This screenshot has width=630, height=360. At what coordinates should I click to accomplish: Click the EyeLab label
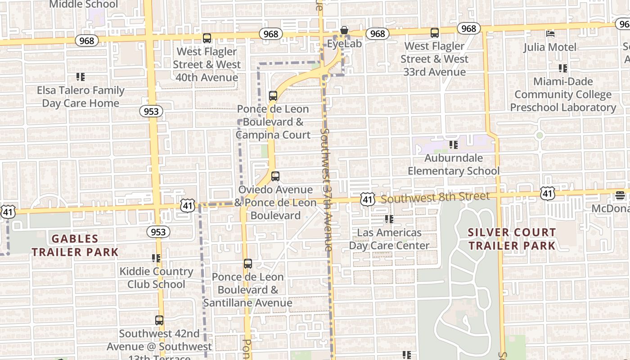(344, 44)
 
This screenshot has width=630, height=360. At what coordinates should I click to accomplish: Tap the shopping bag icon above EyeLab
(344, 30)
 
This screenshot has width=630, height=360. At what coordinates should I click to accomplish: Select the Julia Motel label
(549, 47)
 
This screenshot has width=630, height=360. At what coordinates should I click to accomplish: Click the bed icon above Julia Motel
(550, 33)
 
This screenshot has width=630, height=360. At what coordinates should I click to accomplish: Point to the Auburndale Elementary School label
(454, 164)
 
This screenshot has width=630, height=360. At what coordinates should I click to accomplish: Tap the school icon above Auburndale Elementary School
(454, 145)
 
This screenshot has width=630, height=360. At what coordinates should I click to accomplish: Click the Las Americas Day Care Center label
(389, 239)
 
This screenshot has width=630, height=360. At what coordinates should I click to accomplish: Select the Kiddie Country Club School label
(156, 278)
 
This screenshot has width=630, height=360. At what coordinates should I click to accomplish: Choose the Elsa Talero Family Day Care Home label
(81, 96)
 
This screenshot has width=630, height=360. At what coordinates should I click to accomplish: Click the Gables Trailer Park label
(75, 245)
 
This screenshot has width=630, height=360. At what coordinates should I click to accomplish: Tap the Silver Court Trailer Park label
(512, 239)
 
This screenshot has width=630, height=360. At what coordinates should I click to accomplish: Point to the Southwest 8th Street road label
(435, 197)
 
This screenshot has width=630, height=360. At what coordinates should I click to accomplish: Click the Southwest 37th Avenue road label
(327, 189)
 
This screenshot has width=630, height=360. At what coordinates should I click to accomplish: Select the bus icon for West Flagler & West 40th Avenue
(207, 38)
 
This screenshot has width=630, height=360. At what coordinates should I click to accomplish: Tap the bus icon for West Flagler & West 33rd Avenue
(434, 33)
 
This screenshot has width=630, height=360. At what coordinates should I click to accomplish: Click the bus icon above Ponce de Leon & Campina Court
(273, 95)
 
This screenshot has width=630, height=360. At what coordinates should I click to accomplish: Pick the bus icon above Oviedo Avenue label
(275, 176)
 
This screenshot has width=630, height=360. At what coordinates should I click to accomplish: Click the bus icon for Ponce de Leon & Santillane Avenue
(247, 264)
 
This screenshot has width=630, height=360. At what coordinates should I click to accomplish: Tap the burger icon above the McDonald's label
(620, 195)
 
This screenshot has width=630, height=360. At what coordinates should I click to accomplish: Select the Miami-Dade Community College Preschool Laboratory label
(563, 94)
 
